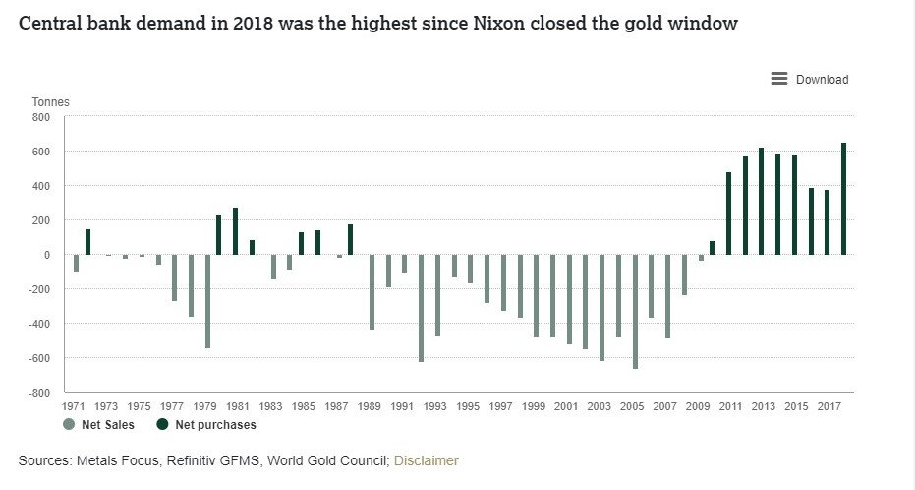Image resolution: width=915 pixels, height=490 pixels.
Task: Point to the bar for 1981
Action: point(235,231)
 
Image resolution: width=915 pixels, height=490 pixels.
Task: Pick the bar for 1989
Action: point(372,292)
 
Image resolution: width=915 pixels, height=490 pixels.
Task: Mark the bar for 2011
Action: point(728,214)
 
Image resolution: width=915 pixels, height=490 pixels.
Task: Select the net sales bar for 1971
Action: point(76,263)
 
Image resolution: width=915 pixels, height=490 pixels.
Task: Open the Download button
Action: point(821,80)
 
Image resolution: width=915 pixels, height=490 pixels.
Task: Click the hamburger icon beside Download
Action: point(779,79)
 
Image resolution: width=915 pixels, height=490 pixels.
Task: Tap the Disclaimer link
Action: point(426,460)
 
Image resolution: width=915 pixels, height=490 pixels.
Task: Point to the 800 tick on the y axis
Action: point(40,117)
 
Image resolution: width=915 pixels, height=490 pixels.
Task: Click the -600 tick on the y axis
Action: point(38,358)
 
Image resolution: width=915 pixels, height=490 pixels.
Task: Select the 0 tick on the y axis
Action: point(46,255)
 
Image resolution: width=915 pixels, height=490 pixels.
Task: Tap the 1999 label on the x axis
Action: point(534,405)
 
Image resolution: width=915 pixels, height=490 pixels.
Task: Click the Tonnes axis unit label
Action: point(51,102)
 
